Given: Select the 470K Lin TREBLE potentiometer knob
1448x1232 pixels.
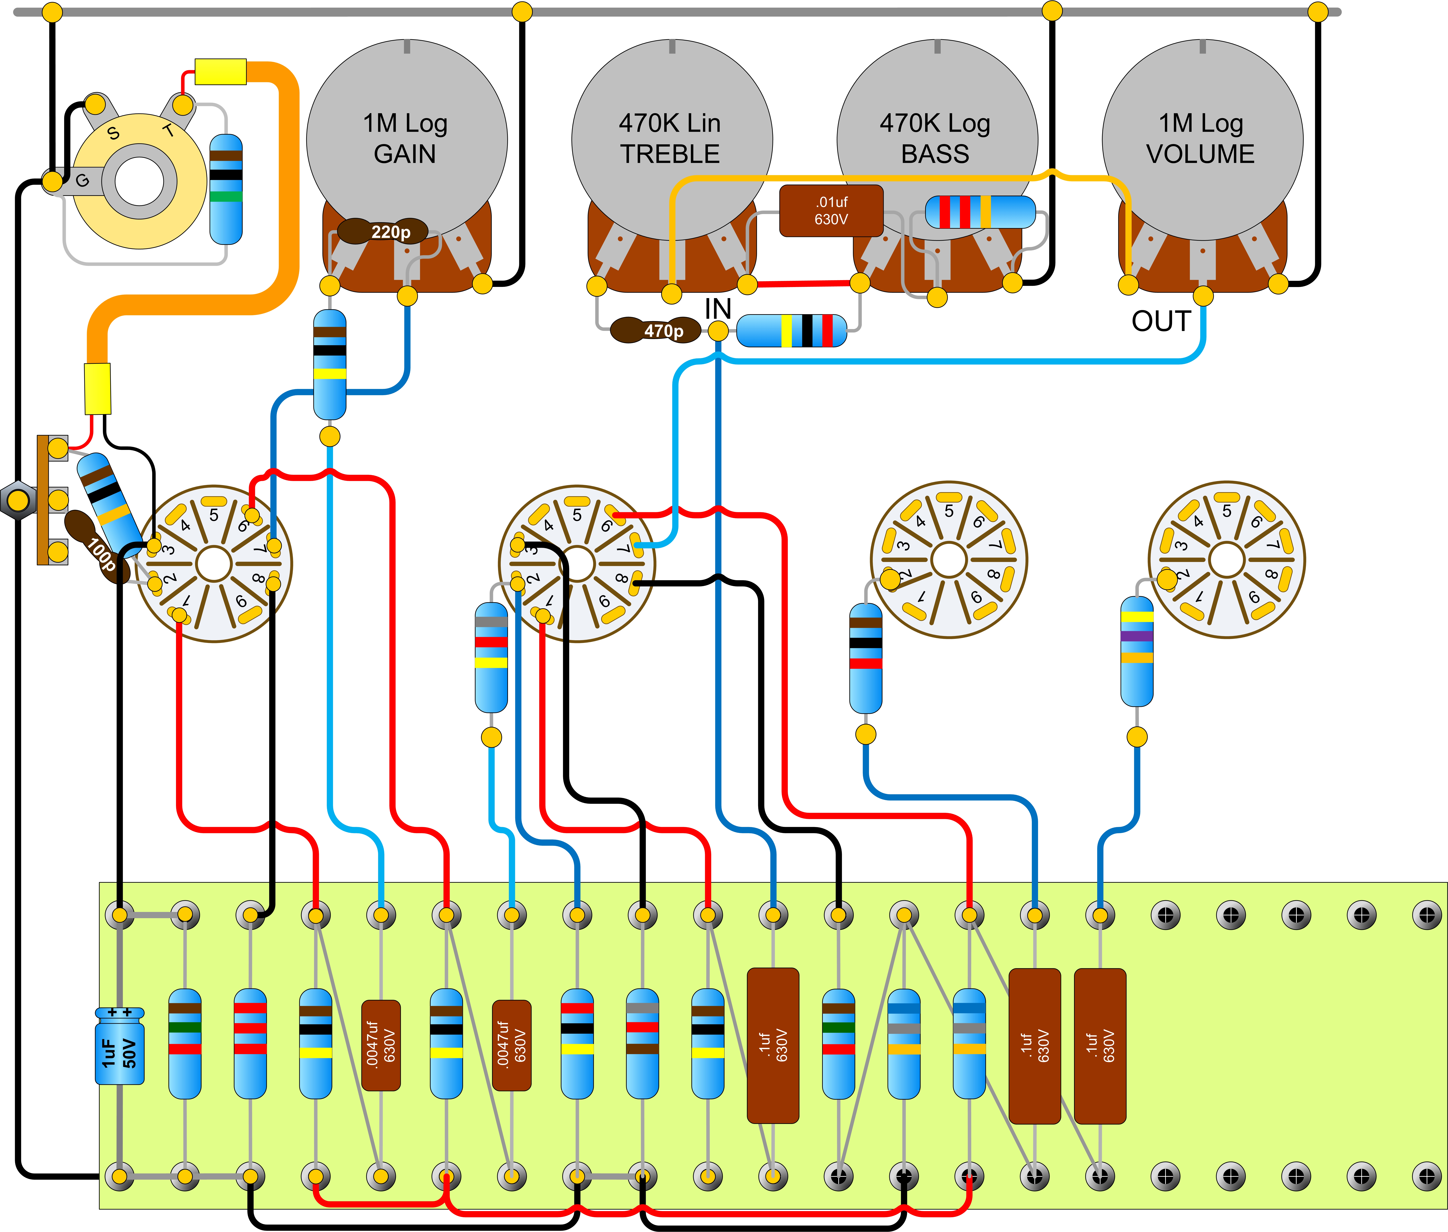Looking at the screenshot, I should pos(672,140).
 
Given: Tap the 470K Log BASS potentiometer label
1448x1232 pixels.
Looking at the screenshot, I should pos(936,138).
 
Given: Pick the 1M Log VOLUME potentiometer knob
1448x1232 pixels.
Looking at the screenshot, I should pos(1202,140).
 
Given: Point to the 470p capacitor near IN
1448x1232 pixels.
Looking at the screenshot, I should pos(655,330).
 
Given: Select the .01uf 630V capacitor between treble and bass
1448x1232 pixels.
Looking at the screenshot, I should pos(831,210).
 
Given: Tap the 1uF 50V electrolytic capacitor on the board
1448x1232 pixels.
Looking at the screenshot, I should pos(119,1046).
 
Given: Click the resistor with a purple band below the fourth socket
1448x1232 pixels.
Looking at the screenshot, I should pos(1137,651).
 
